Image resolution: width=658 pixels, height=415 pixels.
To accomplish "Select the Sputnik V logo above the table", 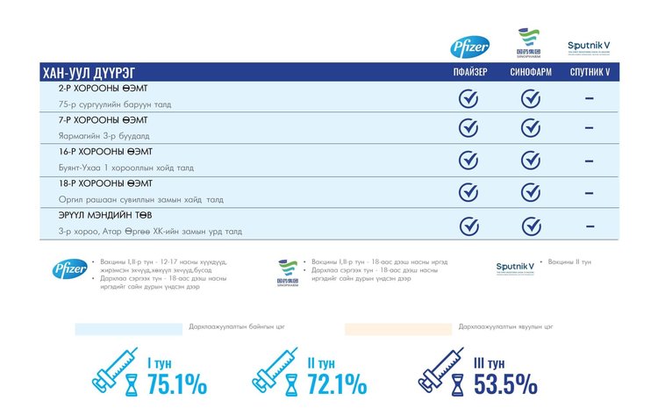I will [x=590, y=47].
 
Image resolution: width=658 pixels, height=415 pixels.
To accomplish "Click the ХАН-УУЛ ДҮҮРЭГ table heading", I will [x=89, y=73].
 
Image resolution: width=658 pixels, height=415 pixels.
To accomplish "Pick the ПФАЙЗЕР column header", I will [x=468, y=73].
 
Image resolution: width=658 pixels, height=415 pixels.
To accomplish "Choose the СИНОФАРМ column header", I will [x=530, y=73].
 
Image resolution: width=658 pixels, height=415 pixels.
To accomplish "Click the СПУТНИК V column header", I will [x=590, y=73].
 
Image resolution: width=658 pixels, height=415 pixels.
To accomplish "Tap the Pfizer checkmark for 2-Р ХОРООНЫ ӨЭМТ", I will [x=468, y=98].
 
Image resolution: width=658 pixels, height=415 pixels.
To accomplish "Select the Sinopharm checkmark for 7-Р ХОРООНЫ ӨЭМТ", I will [x=530, y=128].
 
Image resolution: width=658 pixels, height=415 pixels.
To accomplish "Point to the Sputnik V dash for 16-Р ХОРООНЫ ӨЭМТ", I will [x=590, y=161].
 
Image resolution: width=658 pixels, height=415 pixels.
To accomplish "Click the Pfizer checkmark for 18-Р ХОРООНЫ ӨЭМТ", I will [x=468, y=192].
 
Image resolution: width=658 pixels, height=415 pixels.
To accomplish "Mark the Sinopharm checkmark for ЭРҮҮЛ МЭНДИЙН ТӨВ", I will [x=530, y=225].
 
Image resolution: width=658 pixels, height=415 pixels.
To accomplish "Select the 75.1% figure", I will [x=177, y=384].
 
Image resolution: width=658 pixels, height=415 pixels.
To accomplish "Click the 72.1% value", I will [x=337, y=384].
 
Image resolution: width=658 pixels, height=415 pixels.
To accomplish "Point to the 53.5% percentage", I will [x=505, y=384].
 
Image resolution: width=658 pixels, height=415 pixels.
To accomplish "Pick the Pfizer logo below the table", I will [x=69, y=269].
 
